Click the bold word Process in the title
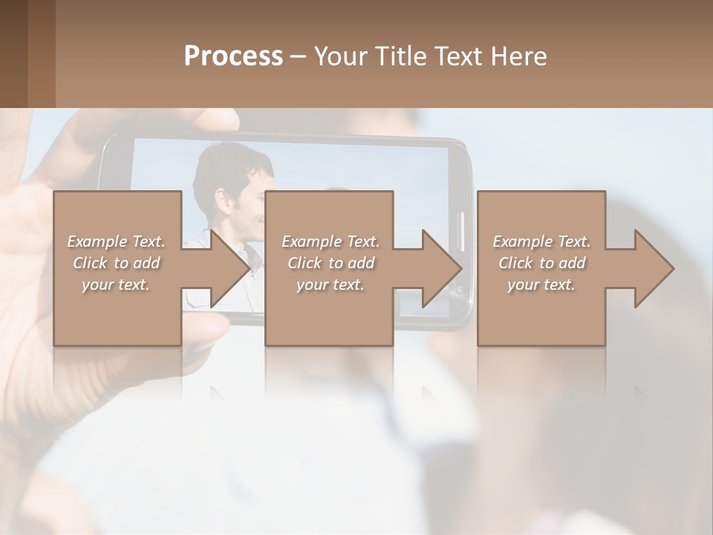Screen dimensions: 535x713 tap(233, 56)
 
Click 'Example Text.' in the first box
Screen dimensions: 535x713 tap(116, 241)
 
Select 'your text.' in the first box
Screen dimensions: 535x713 tap(116, 285)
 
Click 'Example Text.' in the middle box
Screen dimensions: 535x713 tap(331, 241)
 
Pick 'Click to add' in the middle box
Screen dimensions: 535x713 tap(331, 263)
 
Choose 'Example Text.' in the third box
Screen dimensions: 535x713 tap(541, 241)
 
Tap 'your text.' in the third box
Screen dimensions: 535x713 tap(541, 285)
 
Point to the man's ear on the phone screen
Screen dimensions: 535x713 tap(222, 199)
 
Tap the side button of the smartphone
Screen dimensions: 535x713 tap(460, 230)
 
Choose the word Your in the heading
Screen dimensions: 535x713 tap(339, 56)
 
